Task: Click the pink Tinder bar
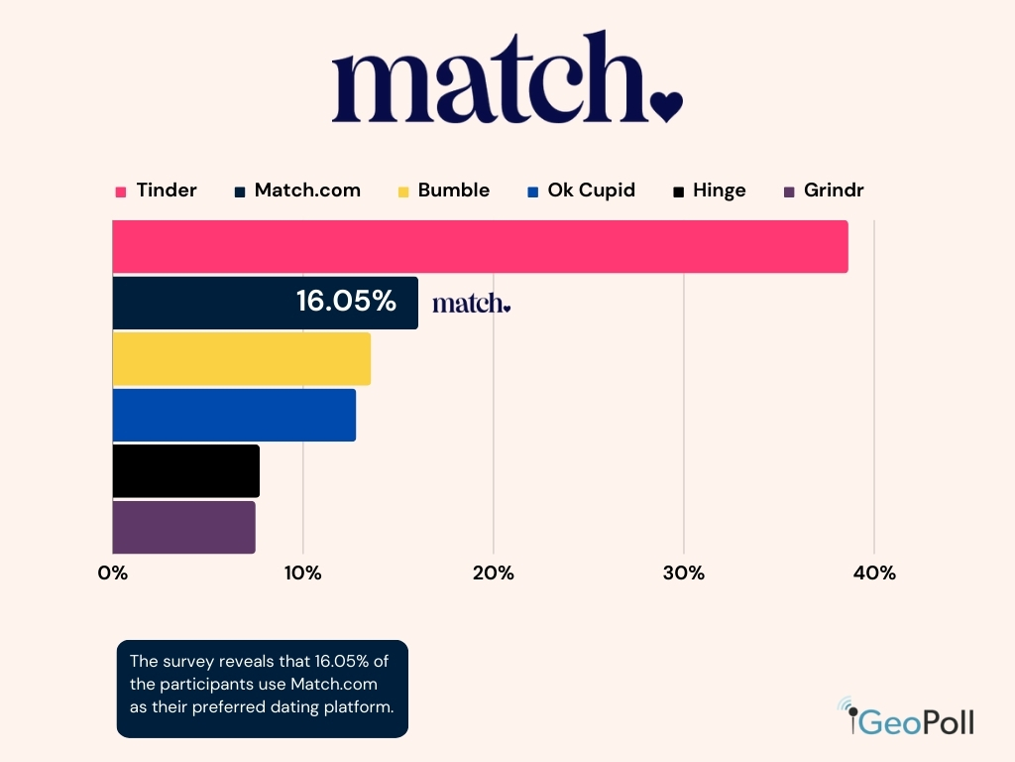480,246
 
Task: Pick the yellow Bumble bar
241,358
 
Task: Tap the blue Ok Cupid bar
234,415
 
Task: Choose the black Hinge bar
185,470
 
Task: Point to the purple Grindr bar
183,527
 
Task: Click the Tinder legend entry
157,190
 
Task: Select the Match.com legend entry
297,190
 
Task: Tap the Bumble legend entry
444,190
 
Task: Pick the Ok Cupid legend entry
582,190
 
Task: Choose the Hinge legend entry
710,190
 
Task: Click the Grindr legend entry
824,190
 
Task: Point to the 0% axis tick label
113,573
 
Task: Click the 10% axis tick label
302,573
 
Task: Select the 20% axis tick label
493,573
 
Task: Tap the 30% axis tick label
683,573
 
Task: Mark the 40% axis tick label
874,573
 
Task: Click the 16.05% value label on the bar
346,301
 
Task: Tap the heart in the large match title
666,105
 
